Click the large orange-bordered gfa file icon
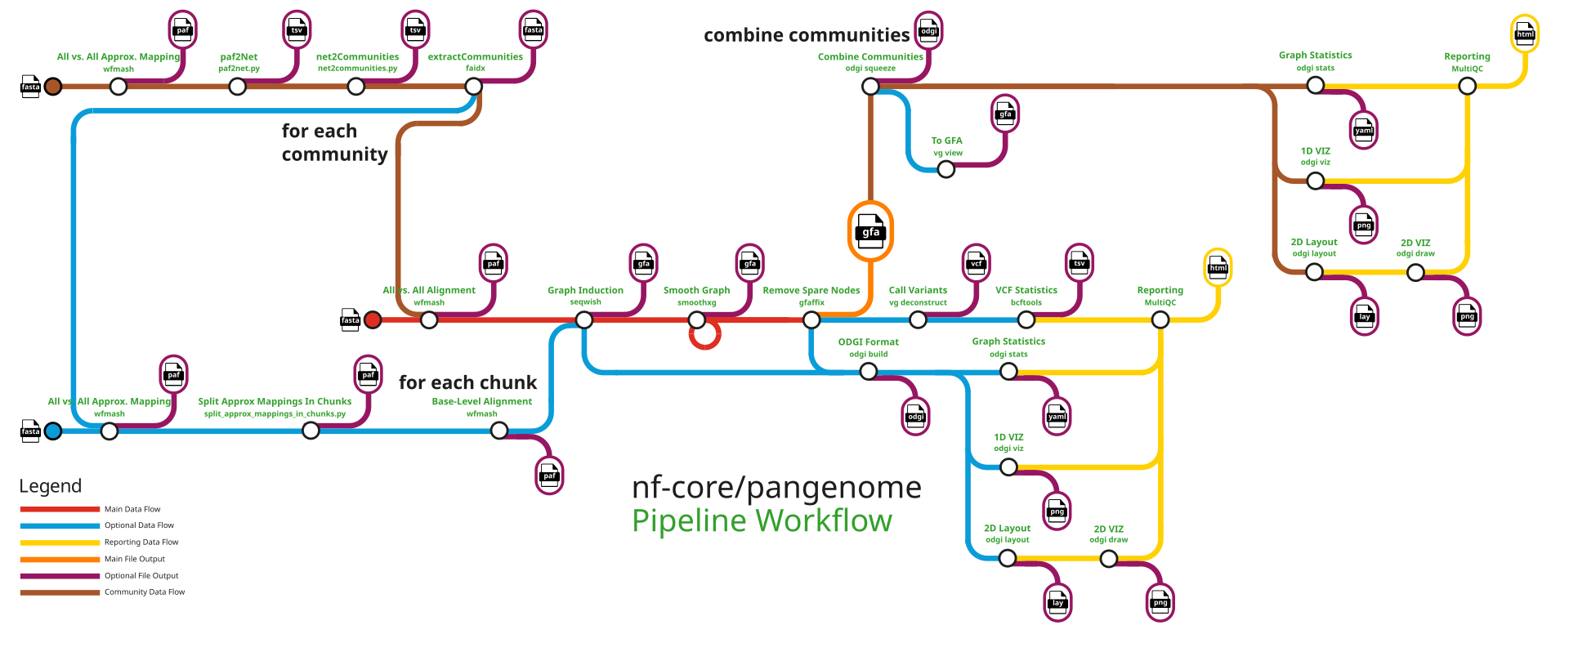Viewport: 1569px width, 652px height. coord(870,231)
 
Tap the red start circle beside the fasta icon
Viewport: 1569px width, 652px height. coord(373,320)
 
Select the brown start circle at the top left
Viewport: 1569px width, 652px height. coord(53,87)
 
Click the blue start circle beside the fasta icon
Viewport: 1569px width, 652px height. coord(53,431)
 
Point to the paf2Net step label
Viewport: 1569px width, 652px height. coord(239,57)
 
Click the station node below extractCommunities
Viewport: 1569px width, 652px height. coord(475,87)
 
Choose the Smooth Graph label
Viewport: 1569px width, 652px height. coord(696,290)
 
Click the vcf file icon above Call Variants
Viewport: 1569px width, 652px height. coord(976,262)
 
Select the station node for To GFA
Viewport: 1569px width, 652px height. coord(946,169)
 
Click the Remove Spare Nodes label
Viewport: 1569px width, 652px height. coord(811,290)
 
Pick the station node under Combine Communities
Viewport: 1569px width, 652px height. coord(870,87)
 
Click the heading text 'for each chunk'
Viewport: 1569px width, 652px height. coord(467,382)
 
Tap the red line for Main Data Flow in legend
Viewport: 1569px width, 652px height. coord(60,509)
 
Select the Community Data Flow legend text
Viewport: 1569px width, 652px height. coord(145,592)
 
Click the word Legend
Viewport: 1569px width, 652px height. coord(50,486)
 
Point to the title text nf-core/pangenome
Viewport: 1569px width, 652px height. coord(776,488)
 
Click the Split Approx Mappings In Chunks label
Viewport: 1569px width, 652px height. coord(275,401)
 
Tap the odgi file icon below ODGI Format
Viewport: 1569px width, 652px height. coord(915,416)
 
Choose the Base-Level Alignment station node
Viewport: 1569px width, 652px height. coord(499,431)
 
